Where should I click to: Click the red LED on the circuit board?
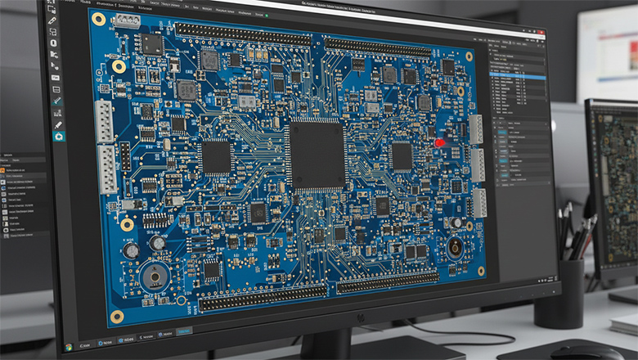[x=439, y=142]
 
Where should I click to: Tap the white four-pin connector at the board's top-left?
[x=126, y=20]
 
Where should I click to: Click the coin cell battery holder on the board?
[x=154, y=277]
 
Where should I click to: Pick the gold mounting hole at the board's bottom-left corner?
[x=117, y=316]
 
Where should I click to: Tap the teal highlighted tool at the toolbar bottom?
[x=58, y=137]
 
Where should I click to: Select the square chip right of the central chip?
[x=402, y=155]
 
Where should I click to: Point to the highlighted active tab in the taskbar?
[x=184, y=331]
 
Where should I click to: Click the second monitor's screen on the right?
[x=613, y=188]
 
